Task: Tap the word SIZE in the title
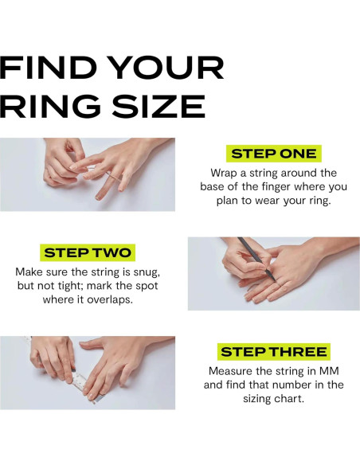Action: click(158, 106)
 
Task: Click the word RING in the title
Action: click(50, 106)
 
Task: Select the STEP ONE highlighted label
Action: click(274, 154)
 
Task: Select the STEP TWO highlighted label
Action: click(88, 252)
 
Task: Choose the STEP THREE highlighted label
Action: click(274, 352)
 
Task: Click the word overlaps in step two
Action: click(109, 299)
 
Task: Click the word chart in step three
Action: click(288, 398)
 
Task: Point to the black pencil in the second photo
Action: click(256, 259)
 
